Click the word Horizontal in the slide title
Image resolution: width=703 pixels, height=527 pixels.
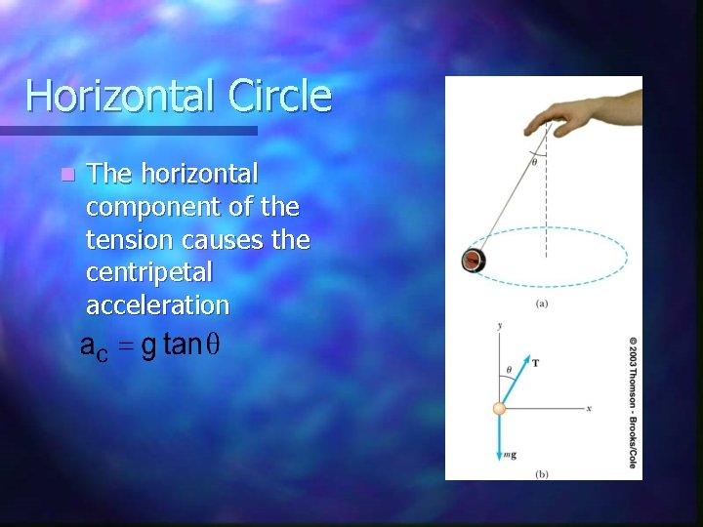point(121,97)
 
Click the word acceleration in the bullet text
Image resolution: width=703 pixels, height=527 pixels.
point(157,304)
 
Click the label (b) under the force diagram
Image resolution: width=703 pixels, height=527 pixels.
point(542,473)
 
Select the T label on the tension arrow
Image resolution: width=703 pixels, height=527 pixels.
point(535,362)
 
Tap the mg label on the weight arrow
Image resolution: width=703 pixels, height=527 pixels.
point(510,455)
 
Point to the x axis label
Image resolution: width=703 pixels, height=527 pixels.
point(590,408)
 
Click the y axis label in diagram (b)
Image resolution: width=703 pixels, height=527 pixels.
point(499,325)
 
